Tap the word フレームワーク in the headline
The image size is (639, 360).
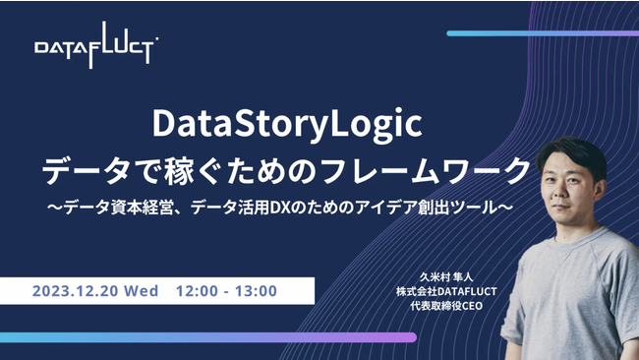coord(446,168)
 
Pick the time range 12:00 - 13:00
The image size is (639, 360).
coord(226,291)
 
